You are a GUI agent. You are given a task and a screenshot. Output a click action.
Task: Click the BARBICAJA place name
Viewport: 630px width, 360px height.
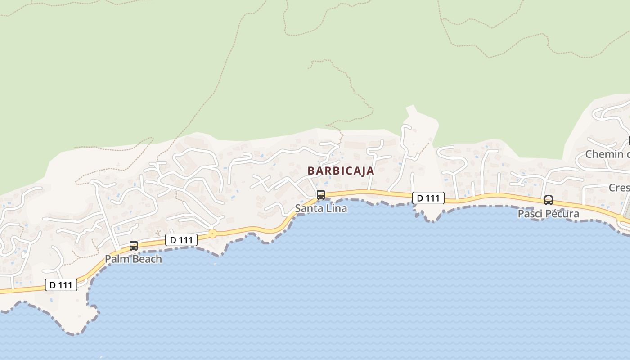341,171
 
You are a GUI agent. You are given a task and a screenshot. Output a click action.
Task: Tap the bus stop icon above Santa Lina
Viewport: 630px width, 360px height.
321,195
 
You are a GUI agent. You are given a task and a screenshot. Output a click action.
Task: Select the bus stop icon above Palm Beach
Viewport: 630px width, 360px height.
134,245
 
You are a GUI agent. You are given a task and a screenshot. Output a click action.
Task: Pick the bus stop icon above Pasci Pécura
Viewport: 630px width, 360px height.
549,200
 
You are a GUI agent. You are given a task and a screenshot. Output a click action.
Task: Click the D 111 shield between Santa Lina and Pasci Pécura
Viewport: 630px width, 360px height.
428,198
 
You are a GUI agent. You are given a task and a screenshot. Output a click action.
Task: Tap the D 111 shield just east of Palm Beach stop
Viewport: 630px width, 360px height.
181,240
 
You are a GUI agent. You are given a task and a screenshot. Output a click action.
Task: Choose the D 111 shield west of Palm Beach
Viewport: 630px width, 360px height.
61,285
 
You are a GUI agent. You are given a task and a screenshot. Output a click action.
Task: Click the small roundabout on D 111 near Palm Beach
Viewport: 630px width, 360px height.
212,234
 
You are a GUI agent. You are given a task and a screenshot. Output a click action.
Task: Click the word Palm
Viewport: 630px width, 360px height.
114,259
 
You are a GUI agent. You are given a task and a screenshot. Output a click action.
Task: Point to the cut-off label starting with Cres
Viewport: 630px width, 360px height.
619,188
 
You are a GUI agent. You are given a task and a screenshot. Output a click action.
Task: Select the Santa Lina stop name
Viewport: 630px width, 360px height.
321,209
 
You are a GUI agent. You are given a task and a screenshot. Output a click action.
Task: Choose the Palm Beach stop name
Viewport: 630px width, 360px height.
133,259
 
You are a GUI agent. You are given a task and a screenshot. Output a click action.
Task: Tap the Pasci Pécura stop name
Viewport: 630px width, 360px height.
548,214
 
